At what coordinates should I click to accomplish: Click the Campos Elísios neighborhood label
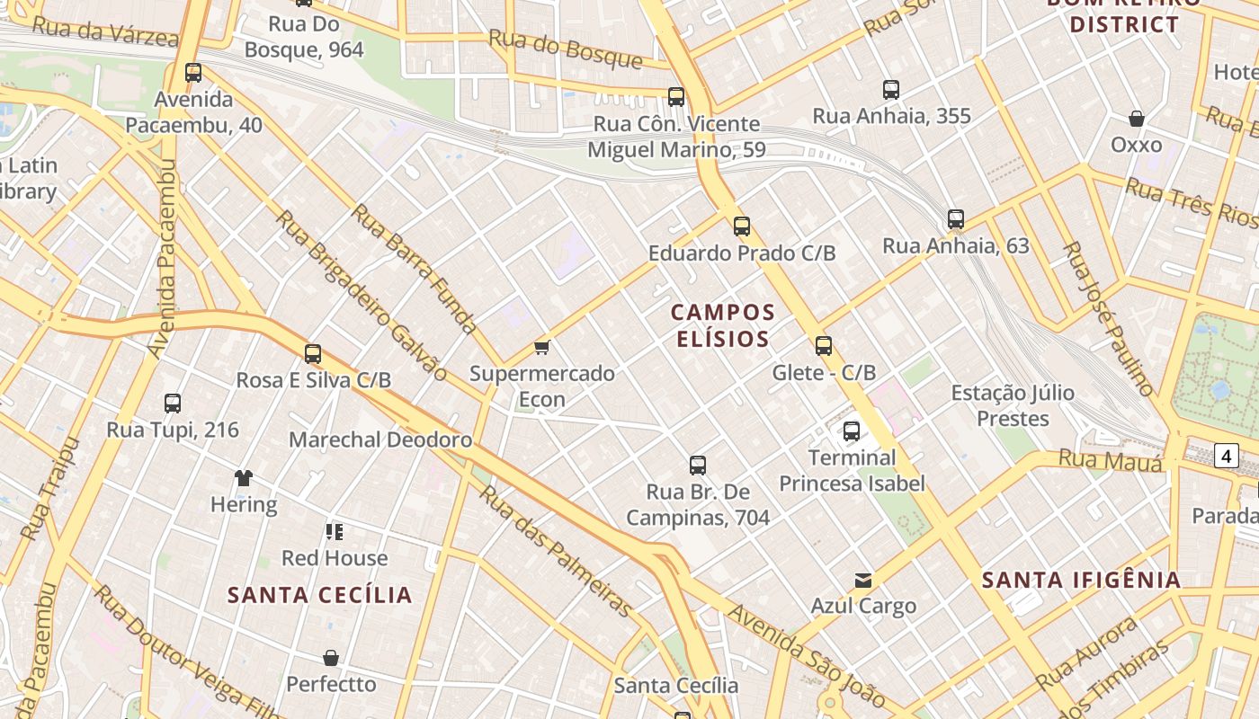pyautogui.click(x=722, y=325)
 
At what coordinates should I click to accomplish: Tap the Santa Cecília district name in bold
pyautogui.click(x=319, y=595)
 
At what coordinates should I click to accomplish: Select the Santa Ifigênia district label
pyautogui.click(x=1081, y=580)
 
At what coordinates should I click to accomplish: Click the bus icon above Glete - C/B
pyautogui.click(x=824, y=346)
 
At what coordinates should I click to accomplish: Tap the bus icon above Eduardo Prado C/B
pyautogui.click(x=742, y=226)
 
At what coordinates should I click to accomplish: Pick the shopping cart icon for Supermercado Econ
pyautogui.click(x=541, y=347)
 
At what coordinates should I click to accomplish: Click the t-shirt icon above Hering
pyautogui.click(x=244, y=477)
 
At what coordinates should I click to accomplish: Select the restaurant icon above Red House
pyautogui.click(x=335, y=531)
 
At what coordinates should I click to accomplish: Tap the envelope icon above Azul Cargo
pyautogui.click(x=863, y=580)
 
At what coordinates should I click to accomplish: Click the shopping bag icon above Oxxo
pyautogui.click(x=1137, y=119)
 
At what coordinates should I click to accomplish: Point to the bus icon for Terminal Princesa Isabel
pyautogui.click(x=852, y=431)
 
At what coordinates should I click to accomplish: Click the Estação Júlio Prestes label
pyautogui.click(x=1013, y=405)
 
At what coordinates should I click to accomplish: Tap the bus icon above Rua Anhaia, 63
pyautogui.click(x=956, y=219)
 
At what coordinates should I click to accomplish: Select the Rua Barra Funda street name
pyautogui.click(x=414, y=268)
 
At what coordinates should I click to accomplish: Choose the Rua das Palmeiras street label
pyautogui.click(x=556, y=552)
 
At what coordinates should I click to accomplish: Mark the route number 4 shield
pyautogui.click(x=1227, y=456)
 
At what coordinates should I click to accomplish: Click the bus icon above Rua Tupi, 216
pyautogui.click(x=173, y=404)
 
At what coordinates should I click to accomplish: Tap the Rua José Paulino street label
pyautogui.click(x=1108, y=318)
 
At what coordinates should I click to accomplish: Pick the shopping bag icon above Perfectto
pyautogui.click(x=331, y=658)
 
